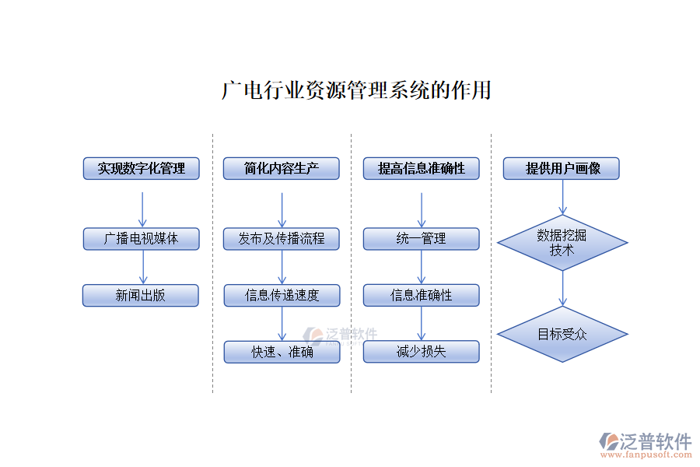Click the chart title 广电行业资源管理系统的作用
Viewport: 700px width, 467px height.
[x=356, y=90]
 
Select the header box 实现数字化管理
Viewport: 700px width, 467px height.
[x=141, y=168]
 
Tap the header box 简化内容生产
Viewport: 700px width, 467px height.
[x=282, y=168]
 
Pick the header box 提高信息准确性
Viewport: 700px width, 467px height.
[x=421, y=168]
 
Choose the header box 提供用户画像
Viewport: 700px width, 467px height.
[x=562, y=168]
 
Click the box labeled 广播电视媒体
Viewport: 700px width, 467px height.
[x=141, y=239]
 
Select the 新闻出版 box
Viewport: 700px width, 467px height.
[x=141, y=296]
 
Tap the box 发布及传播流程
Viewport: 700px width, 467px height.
[x=282, y=239]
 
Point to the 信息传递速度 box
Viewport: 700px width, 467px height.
[x=282, y=296]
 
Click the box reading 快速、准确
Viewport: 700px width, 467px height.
[x=282, y=353]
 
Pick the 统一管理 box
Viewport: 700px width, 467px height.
[x=421, y=239]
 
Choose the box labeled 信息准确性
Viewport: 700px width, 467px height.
[x=421, y=296]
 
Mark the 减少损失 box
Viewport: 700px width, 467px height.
[x=421, y=352]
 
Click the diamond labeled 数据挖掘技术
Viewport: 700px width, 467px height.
[x=562, y=243]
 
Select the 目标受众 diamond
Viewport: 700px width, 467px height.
[x=562, y=335]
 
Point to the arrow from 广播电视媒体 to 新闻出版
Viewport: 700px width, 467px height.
[x=142, y=267]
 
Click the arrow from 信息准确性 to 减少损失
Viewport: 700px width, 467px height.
[x=422, y=324]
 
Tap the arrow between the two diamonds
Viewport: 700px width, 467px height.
[x=562, y=288]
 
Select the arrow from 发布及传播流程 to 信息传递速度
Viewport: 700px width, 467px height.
[x=282, y=267]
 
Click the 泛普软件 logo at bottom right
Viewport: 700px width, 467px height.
[x=646, y=444]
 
